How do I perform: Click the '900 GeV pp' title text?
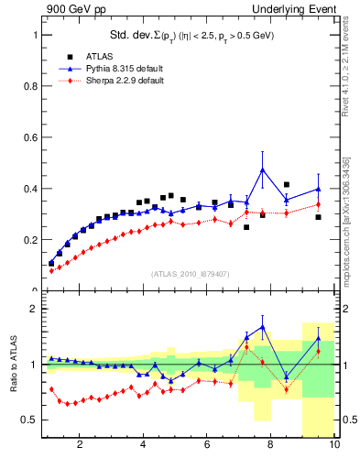pos(73,9)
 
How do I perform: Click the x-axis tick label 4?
pos(144,445)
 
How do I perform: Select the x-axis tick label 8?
pos(271,445)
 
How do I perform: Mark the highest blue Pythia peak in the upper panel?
pos(263,169)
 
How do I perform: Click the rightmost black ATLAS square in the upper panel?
pos(318,217)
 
